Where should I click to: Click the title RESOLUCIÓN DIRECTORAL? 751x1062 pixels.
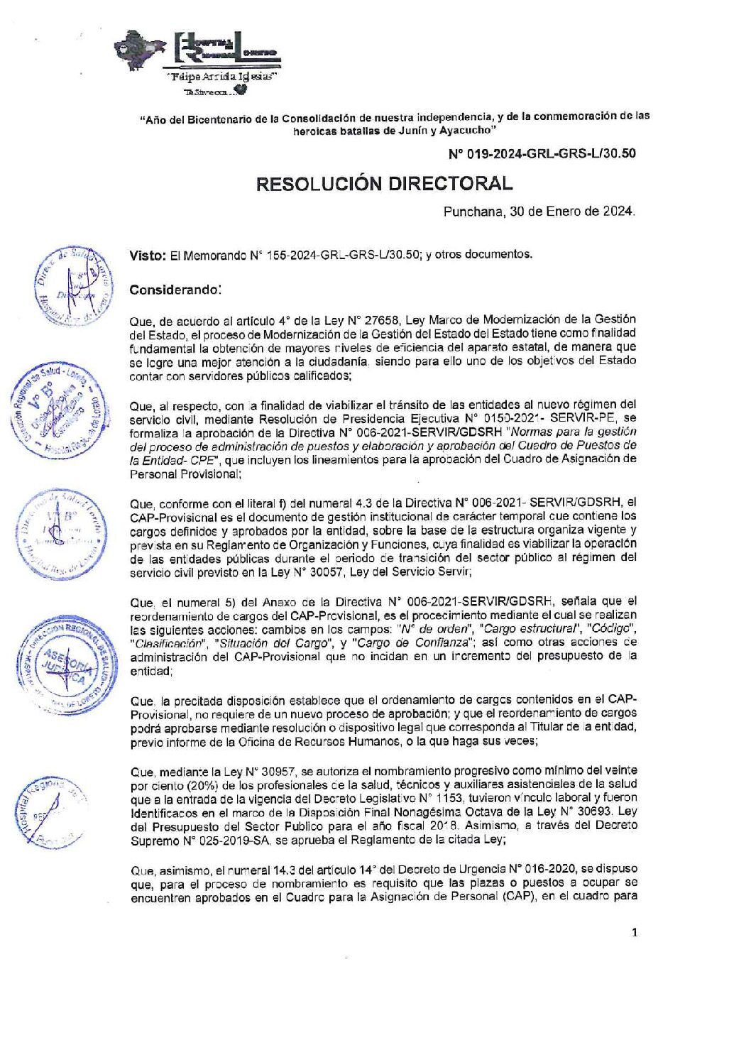click(x=383, y=184)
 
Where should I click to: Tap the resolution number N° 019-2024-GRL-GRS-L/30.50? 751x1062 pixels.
click(x=542, y=153)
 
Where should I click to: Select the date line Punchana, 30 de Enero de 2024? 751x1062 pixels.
click(x=539, y=212)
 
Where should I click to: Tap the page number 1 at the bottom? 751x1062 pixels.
click(x=634, y=932)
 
